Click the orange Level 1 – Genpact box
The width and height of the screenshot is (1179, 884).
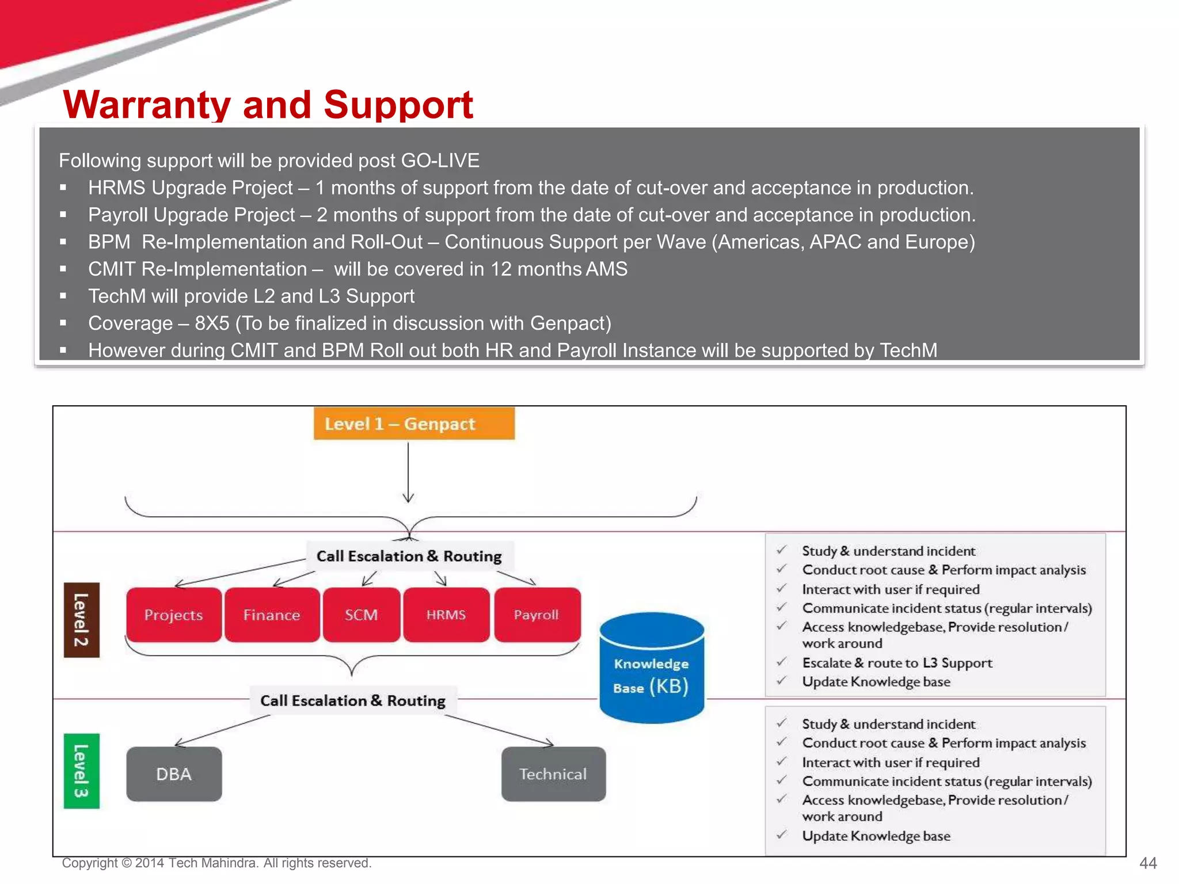coord(414,424)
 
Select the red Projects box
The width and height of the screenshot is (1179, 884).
coord(173,615)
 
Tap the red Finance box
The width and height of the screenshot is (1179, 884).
coord(272,615)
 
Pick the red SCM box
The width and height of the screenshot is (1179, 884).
coord(361,615)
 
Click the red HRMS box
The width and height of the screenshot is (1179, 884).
coord(446,615)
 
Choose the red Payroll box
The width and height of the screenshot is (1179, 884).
coord(537,615)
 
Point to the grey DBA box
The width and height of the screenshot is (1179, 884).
coord(174,773)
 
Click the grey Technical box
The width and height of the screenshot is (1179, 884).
coord(553,773)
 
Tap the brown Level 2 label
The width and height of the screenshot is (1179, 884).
coord(81,620)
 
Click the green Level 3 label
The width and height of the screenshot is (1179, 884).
coord(81,771)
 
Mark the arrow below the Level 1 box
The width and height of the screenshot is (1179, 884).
coord(408,472)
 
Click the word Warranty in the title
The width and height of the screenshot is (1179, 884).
coord(146,105)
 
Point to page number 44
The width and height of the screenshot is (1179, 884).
coord(1148,863)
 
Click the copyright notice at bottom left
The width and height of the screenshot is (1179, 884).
coord(216,863)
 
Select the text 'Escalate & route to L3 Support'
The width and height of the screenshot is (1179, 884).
coord(897,662)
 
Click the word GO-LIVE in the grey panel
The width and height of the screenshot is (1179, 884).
coord(440,160)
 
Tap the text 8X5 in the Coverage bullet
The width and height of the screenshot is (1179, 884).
coord(212,323)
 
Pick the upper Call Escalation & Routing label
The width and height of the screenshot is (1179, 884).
coord(409,556)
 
